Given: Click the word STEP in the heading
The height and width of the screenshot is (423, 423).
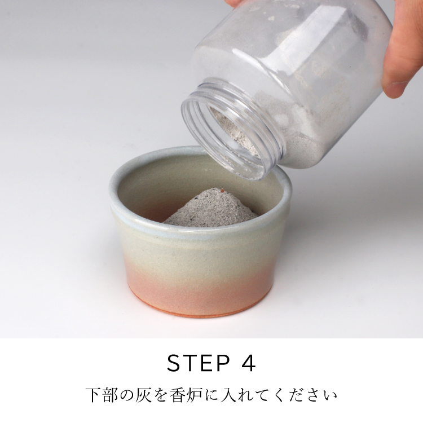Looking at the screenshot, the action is pos(199,363).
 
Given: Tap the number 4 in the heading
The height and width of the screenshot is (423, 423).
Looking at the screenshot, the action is pos(248,363).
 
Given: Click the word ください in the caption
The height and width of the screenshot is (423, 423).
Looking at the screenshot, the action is pos(304,395).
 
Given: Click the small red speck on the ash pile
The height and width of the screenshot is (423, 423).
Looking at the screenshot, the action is pos(223,190).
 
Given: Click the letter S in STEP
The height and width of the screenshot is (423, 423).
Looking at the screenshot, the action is pos(174,363).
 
